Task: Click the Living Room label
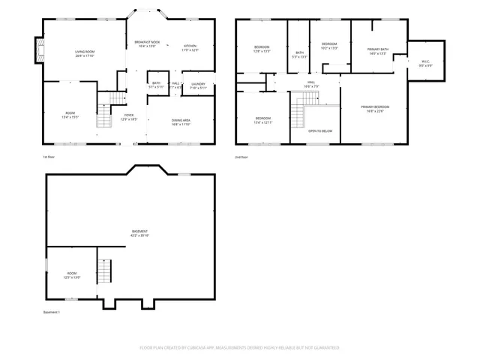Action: (84, 53)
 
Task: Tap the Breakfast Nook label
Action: (148, 43)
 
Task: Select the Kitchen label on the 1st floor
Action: (190, 48)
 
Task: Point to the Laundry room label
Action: (198, 85)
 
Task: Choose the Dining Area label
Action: (181, 122)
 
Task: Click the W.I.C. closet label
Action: (425, 64)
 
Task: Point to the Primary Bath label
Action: (377, 52)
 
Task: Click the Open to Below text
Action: (320, 131)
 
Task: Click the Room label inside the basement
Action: (72, 275)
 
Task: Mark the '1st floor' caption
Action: (49, 157)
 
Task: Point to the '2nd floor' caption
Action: (242, 157)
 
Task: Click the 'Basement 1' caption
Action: (51, 313)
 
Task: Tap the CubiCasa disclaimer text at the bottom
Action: (240, 348)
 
